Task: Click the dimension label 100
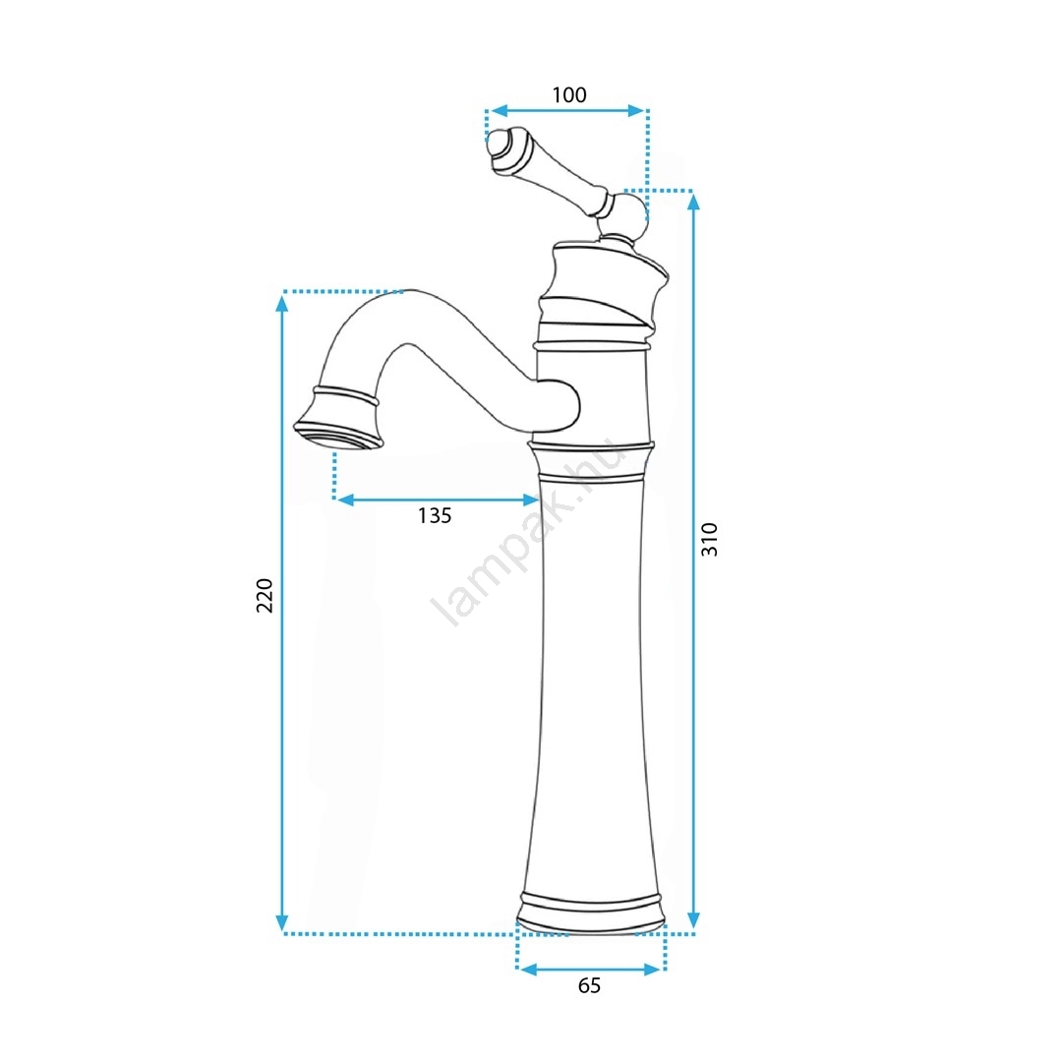pos(569,95)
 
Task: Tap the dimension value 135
pos(435,516)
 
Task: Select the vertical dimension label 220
pos(265,596)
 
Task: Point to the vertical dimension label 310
pos(709,540)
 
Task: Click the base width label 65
pos(589,985)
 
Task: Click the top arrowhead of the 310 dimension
pos(693,202)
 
